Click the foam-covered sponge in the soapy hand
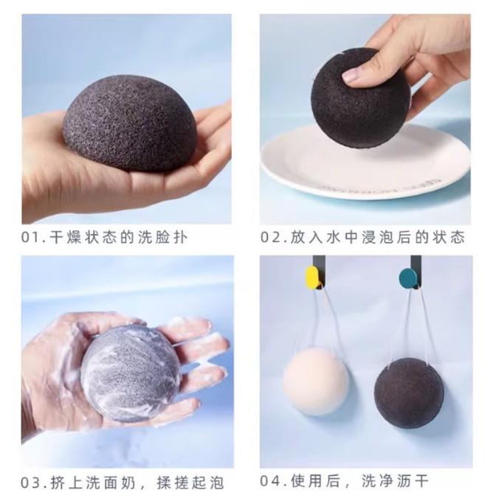129,373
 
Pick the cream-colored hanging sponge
316,380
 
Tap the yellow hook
313,277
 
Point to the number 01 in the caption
32,238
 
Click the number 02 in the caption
271,238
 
